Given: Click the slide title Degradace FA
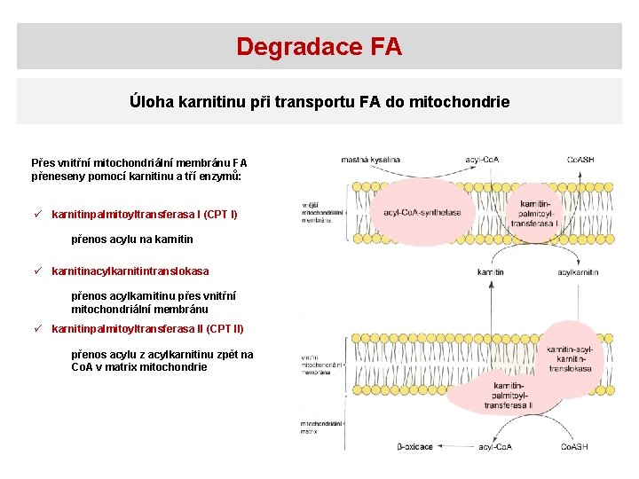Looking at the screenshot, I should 319,46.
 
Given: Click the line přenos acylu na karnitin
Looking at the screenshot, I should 132,239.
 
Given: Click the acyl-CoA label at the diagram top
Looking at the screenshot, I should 482,160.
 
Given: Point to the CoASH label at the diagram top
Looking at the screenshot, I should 580,160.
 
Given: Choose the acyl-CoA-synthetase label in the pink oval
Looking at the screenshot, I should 422,213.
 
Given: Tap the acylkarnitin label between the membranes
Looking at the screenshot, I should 578,272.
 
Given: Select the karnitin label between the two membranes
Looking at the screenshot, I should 491,272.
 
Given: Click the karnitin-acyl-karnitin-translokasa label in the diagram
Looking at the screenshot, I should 571,359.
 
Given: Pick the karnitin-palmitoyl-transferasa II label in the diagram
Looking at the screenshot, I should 509,396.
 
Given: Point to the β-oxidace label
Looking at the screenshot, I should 414,447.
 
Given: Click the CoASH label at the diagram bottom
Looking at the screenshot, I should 573,447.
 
